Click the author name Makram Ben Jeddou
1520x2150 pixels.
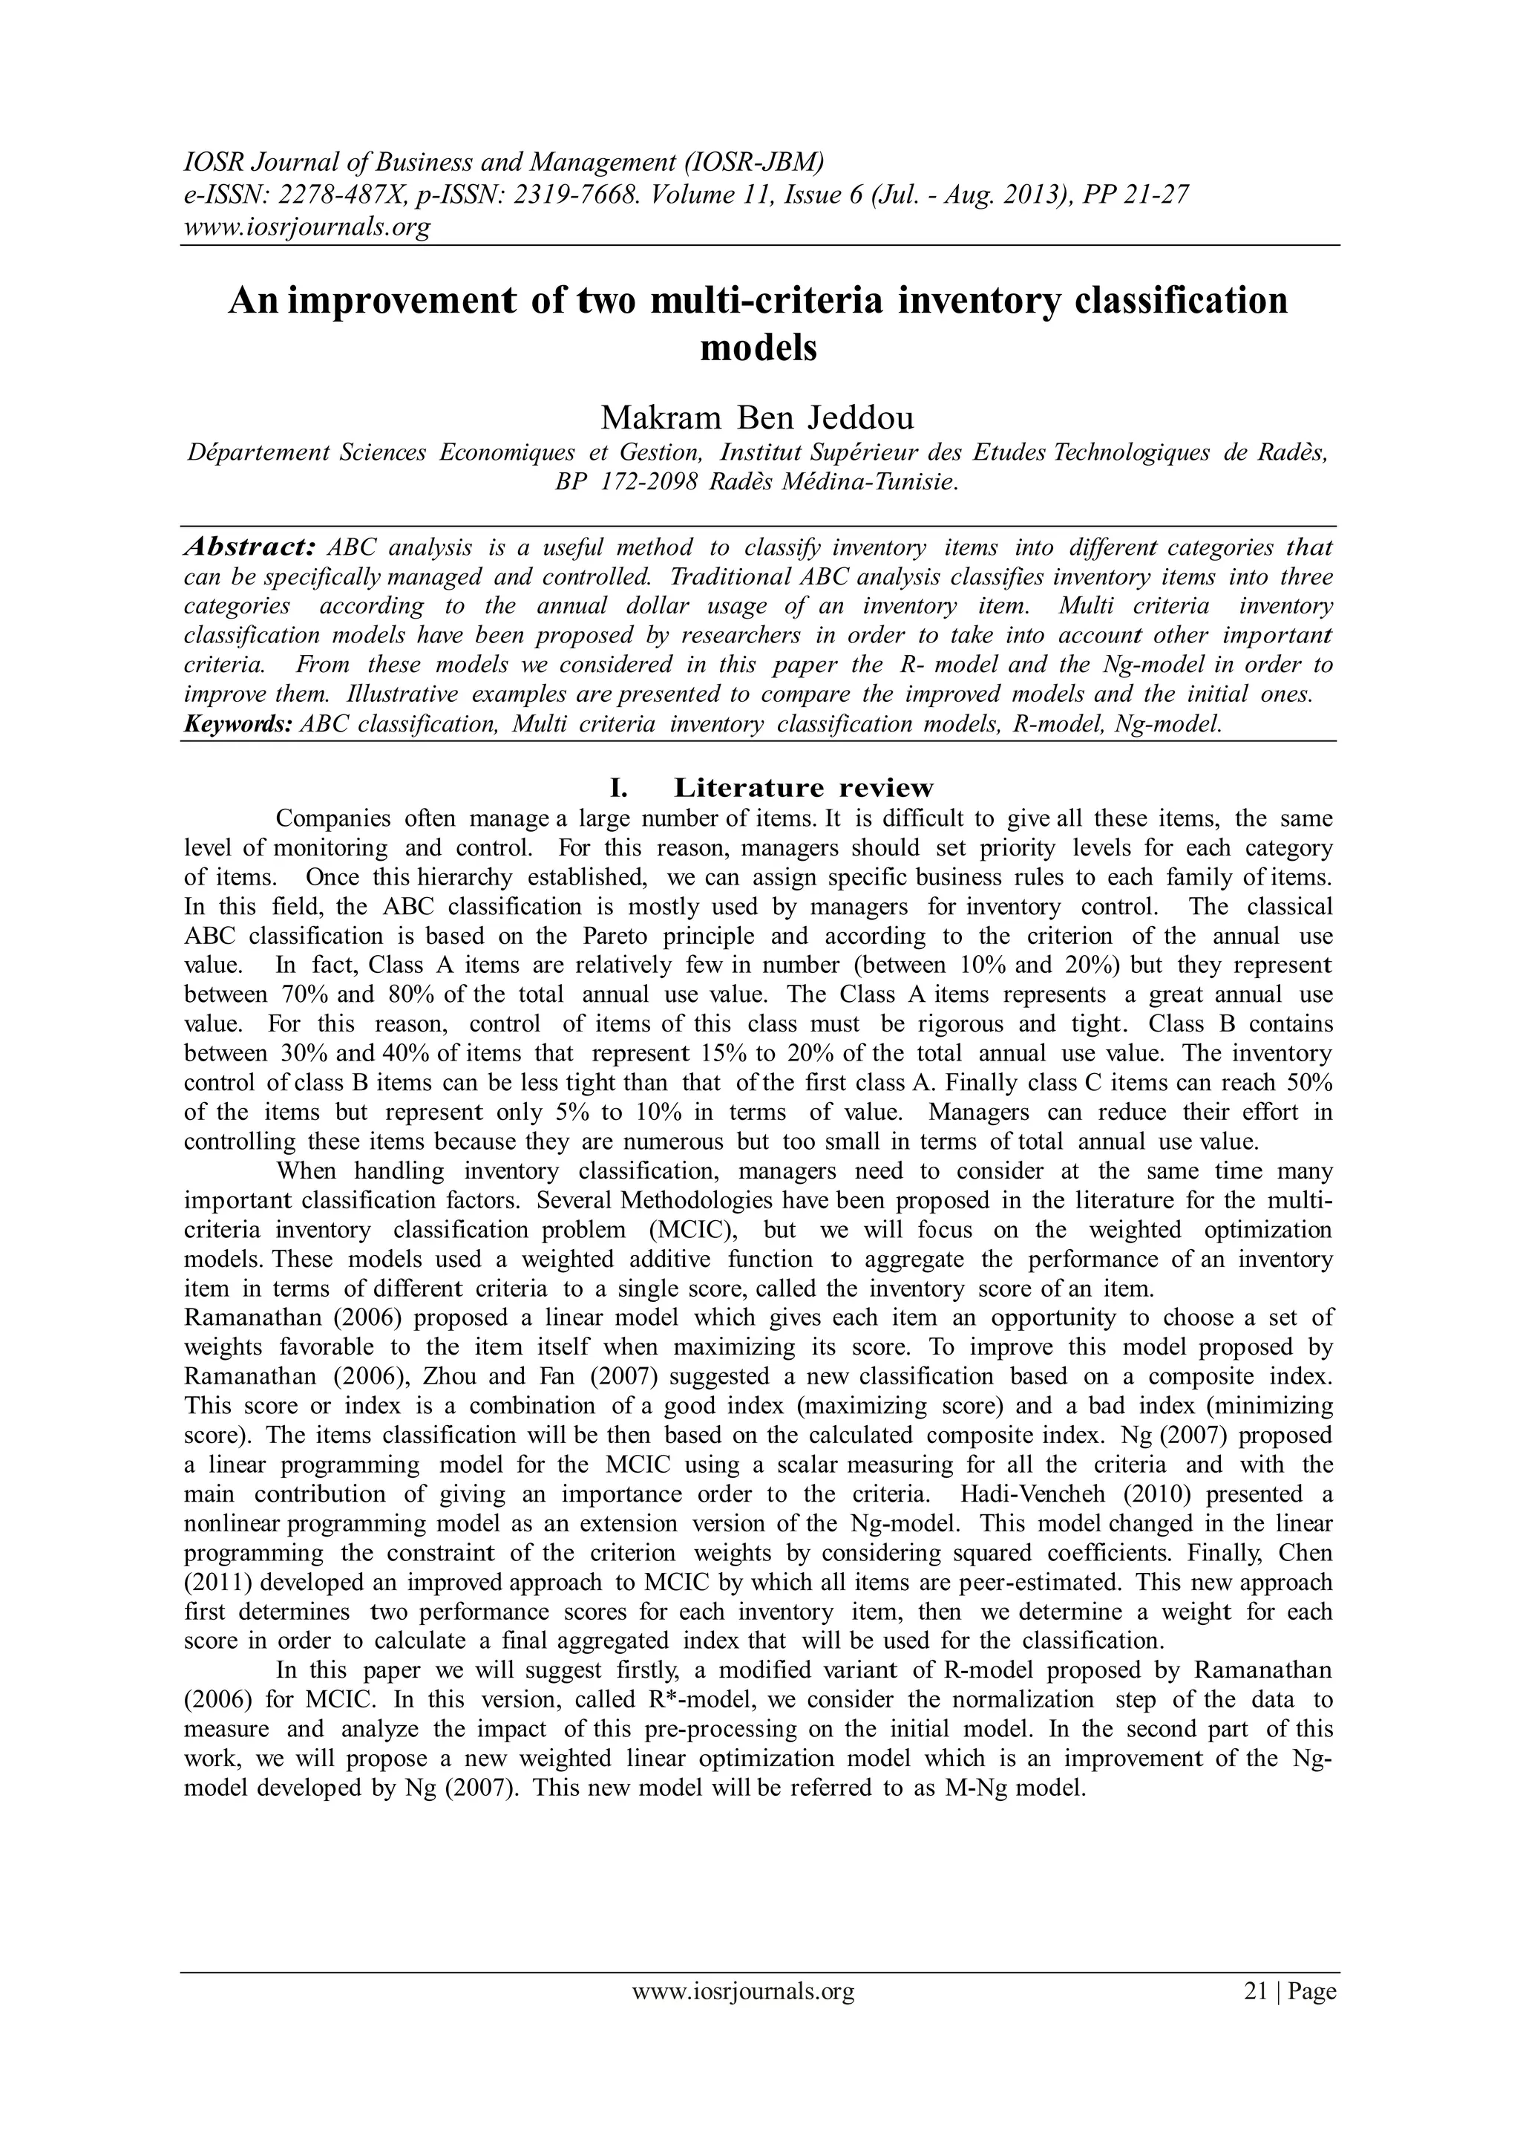757,416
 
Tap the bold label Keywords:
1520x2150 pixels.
239,725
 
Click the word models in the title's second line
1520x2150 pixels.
759,348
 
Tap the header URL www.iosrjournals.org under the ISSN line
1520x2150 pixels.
305,227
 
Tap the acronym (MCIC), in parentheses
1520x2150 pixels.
689,1230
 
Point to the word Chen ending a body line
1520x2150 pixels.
1305,1553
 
